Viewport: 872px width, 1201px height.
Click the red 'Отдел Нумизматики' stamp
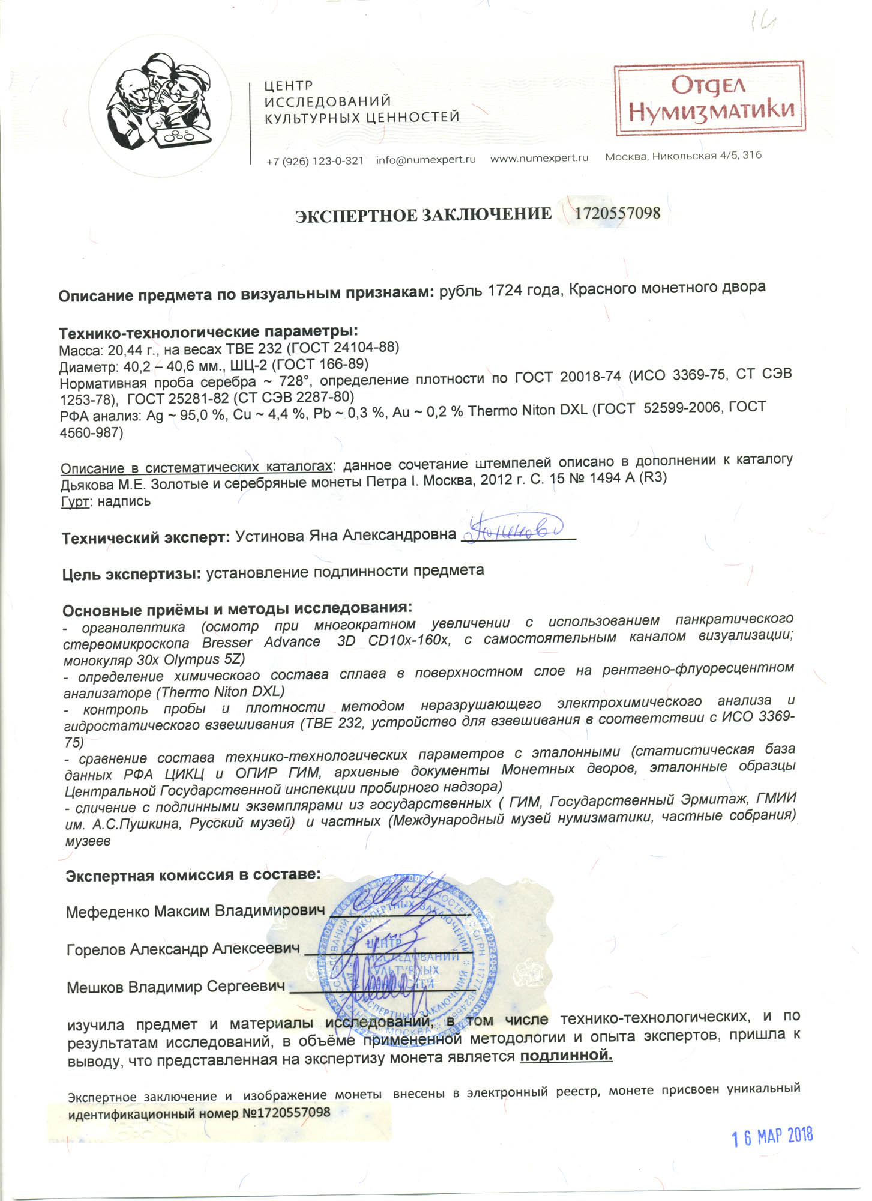[x=709, y=99]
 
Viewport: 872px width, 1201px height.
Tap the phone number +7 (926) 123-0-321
[x=315, y=160]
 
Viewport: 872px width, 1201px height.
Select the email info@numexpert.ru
[x=425, y=159]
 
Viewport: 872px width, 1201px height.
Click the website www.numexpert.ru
[x=539, y=158]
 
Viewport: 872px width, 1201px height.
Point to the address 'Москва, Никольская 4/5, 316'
[x=683, y=156]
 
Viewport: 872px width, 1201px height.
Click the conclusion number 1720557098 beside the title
[x=618, y=213]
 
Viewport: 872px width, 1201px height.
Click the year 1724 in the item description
[x=505, y=290]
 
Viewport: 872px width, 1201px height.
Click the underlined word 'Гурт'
[x=75, y=502]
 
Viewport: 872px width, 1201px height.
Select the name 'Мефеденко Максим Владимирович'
[x=196, y=911]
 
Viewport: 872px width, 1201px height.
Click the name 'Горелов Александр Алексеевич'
[x=183, y=949]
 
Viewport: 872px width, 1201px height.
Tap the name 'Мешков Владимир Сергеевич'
[x=175, y=987]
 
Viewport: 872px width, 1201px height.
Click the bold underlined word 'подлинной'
[x=565, y=1056]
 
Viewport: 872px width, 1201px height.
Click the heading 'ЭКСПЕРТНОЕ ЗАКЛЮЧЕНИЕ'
[x=423, y=215]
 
